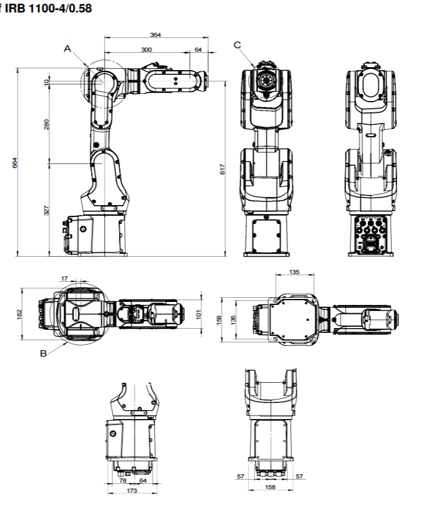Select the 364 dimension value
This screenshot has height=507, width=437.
pos(155,35)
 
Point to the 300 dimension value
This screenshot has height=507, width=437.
pos(146,50)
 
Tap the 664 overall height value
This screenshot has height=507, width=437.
pos(16,162)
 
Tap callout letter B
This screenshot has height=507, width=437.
pos(43,352)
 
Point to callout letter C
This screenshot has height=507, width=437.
pos(237,45)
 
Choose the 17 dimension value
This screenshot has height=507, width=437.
pos(64,278)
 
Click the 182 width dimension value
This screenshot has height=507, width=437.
pos(19,313)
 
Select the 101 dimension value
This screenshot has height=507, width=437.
pos(199,313)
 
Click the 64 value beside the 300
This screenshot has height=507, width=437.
pos(198,50)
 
